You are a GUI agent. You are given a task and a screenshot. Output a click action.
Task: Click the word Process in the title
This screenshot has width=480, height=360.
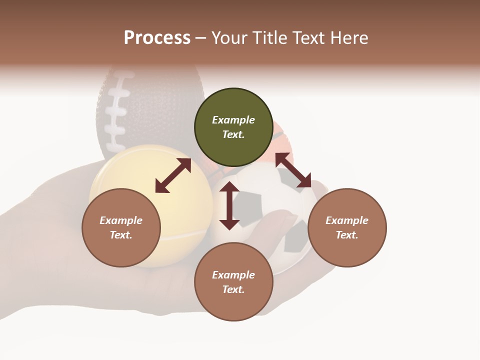click(x=157, y=38)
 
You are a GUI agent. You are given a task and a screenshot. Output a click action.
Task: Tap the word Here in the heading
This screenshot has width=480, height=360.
click(x=348, y=38)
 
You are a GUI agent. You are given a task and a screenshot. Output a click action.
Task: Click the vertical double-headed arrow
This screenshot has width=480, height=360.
click(x=229, y=205)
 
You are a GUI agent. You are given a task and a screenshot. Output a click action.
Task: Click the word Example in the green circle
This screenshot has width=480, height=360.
click(x=233, y=120)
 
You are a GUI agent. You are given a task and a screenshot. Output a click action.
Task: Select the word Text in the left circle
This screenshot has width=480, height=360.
click(x=120, y=235)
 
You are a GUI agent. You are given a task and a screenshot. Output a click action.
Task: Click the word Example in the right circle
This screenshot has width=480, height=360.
click(x=346, y=220)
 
